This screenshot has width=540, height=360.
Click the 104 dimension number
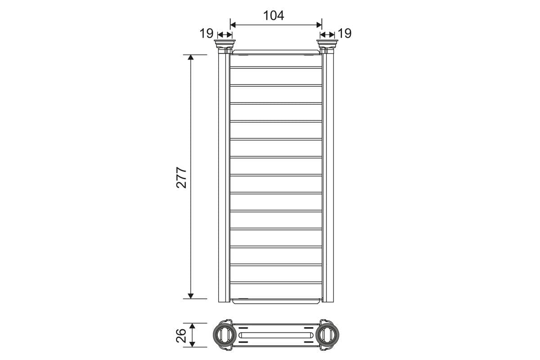point(274,16)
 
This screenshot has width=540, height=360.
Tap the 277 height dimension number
point(181,177)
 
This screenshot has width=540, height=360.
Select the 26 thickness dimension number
point(181,335)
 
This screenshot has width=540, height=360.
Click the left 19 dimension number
point(207,33)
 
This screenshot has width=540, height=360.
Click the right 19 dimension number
point(345,33)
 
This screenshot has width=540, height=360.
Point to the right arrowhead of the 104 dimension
point(319,25)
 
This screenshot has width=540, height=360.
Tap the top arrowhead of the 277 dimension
point(190,58)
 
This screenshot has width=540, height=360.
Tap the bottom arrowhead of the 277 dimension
point(190,296)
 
